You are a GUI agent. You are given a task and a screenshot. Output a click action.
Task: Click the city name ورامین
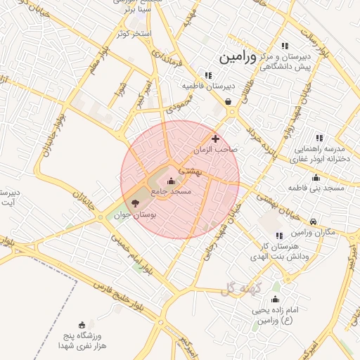click(x=238, y=57)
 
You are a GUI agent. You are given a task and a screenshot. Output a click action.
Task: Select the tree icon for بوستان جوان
click(x=136, y=202)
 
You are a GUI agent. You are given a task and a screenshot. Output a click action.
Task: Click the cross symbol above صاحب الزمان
click(x=215, y=139)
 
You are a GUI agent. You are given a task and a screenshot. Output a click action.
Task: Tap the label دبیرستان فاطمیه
click(x=207, y=86)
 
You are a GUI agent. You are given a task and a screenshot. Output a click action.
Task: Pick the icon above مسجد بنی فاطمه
click(x=316, y=177)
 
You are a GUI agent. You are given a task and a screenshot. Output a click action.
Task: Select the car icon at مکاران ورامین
click(x=313, y=221)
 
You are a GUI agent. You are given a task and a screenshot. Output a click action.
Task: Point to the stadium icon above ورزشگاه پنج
click(x=82, y=325)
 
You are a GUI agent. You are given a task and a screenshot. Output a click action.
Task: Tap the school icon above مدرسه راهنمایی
click(x=319, y=138)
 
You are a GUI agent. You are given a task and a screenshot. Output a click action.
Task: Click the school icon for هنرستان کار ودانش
click(x=279, y=236)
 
